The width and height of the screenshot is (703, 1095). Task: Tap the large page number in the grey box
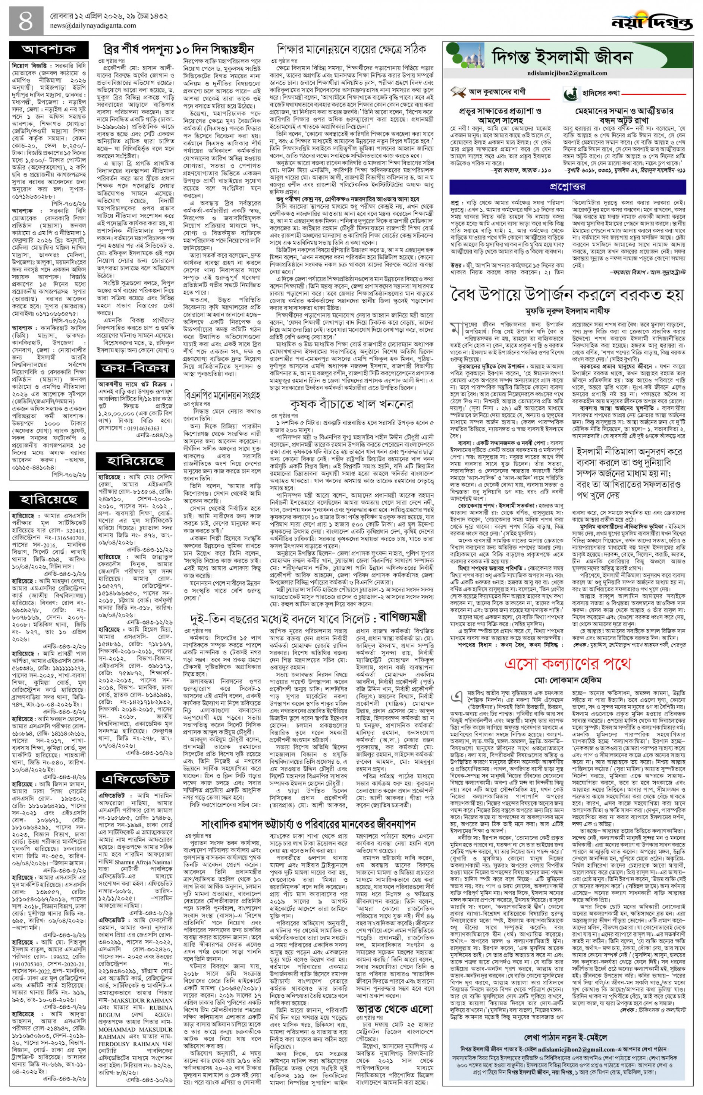(26, 21)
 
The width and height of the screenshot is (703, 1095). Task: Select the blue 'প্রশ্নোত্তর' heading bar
(567, 187)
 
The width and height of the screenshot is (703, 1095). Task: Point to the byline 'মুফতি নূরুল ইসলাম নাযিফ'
(567, 312)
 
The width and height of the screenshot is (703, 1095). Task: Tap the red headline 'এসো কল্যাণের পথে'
(567, 663)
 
